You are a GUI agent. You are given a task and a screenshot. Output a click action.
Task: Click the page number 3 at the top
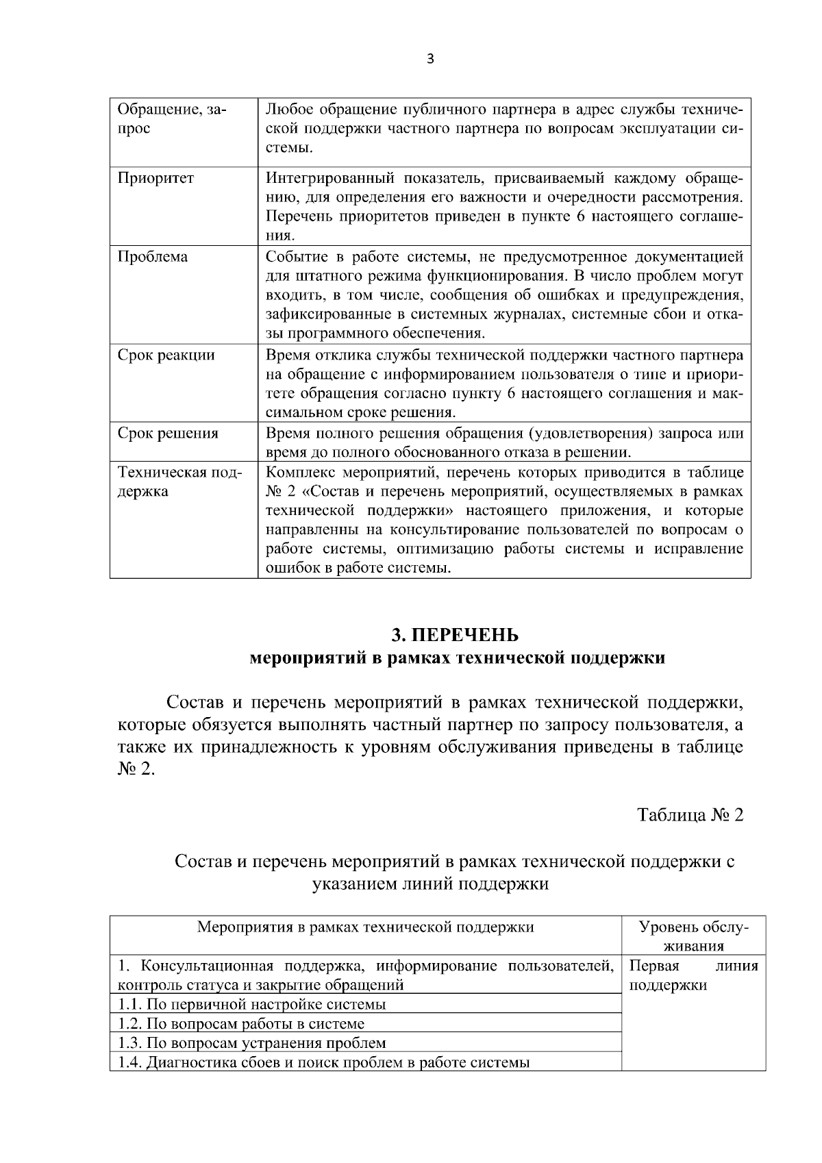tap(429, 59)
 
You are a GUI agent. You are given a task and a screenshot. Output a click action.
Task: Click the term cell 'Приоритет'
tap(155, 179)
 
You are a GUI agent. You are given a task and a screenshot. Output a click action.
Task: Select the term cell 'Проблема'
tap(152, 258)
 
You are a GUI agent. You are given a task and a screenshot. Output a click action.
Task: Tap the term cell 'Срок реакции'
tap(166, 355)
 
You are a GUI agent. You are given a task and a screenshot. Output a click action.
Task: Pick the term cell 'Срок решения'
tap(168, 434)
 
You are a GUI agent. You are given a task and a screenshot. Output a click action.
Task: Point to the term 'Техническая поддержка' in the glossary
tap(179, 482)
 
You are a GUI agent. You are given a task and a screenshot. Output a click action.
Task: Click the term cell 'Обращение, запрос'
tap(171, 119)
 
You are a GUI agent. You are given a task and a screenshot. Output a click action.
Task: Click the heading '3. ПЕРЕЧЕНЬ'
tap(455, 635)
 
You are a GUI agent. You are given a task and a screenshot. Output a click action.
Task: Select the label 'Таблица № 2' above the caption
tap(690, 815)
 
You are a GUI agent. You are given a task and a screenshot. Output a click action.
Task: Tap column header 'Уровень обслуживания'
tap(693, 936)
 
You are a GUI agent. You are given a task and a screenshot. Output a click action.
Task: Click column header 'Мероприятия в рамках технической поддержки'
tap(365, 927)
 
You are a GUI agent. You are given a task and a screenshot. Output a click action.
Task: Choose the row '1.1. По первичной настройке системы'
tap(252, 1005)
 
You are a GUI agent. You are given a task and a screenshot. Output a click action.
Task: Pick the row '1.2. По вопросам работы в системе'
tap(241, 1024)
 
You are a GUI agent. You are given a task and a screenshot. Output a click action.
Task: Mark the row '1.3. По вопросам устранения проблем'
tap(252, 1043)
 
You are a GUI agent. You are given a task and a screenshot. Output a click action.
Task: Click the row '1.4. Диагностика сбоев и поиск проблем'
tap(323, 1063)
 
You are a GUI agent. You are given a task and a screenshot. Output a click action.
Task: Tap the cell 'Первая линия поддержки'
tap(693, 976)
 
